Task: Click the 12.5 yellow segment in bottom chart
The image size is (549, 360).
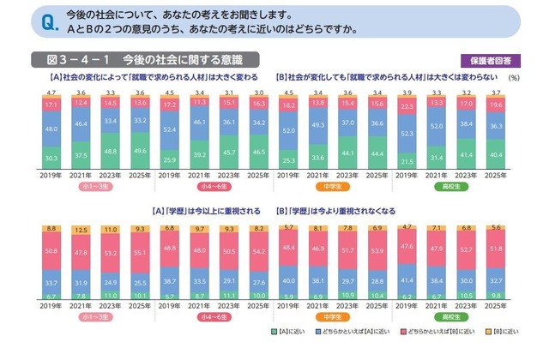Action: (x=81, y=230)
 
